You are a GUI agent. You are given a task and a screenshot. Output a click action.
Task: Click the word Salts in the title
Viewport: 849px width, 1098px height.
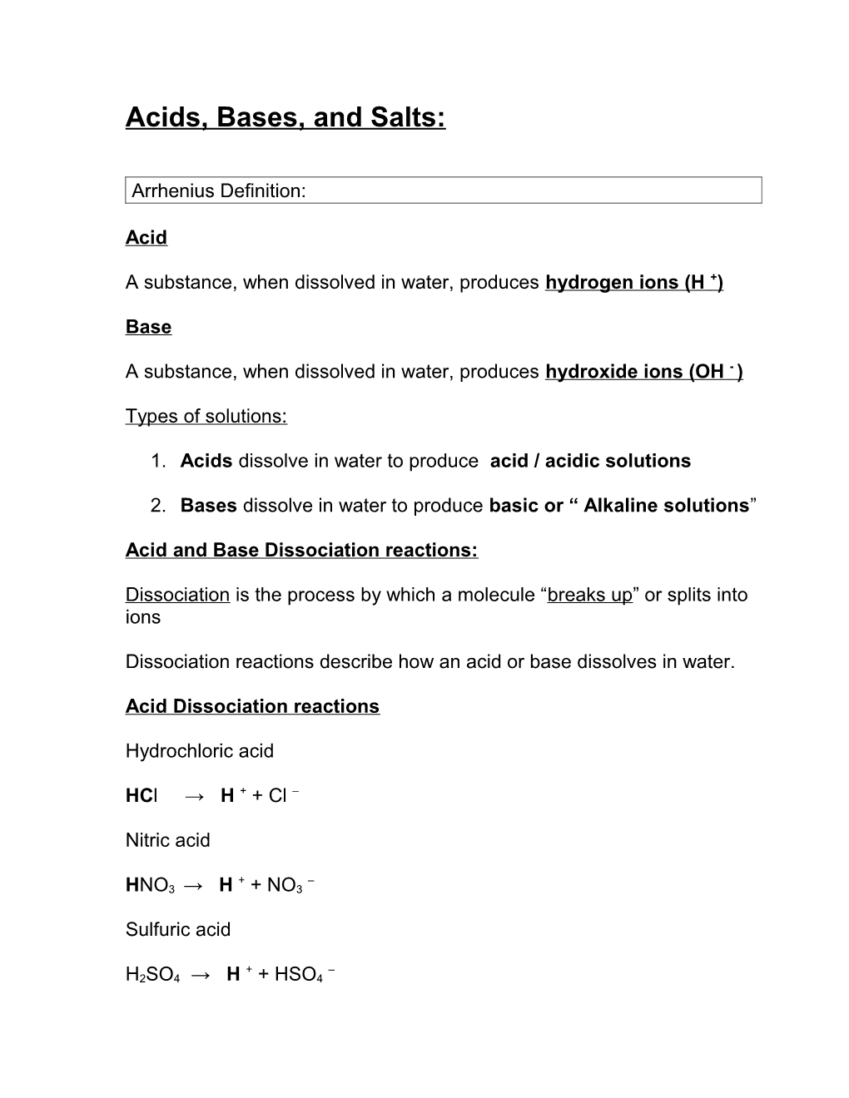[407, 117]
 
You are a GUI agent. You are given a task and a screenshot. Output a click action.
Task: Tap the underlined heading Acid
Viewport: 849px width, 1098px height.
[146, 238]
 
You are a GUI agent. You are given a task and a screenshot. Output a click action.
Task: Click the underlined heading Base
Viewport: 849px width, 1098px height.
[148, 327]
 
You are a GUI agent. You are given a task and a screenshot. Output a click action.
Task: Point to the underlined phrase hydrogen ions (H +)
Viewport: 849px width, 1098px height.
[633, 283]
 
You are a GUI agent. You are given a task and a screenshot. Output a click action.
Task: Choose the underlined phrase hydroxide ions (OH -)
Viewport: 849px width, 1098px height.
[643, 372]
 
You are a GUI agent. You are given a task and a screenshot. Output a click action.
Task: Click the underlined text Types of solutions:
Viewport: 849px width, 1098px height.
[206, 416]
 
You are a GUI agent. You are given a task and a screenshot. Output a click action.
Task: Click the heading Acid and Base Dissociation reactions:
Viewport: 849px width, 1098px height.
[301, 550]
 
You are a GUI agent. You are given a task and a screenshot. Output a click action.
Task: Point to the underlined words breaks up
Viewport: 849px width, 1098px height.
[590, 595]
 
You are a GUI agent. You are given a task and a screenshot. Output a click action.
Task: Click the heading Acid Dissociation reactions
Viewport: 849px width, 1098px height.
[252, 706]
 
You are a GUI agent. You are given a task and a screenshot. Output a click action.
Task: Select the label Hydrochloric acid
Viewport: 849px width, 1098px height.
[200, 751]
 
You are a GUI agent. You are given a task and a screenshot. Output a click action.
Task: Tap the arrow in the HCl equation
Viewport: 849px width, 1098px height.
[194, 796]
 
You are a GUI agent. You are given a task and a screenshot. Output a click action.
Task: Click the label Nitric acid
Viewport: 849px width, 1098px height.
[168, 840]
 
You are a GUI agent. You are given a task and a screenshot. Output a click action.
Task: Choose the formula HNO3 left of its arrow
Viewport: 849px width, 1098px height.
[150, 886]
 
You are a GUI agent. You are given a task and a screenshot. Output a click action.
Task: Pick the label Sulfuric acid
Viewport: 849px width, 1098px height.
[178, 929]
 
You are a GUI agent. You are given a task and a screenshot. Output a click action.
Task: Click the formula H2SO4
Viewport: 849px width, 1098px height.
[152, 975]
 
